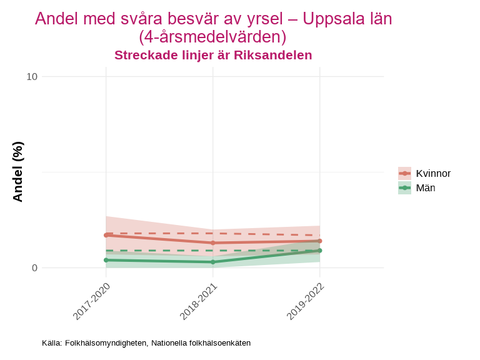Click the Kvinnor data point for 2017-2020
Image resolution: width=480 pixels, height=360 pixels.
[x=106, y=235]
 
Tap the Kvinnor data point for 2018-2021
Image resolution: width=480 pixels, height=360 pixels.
[x=213, y=242]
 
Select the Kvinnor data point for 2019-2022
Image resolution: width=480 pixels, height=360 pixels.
[x=319, y=241]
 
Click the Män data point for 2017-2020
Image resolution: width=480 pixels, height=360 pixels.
[x=106, y=260]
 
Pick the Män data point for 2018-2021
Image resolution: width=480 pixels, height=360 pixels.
[x=213, y=262]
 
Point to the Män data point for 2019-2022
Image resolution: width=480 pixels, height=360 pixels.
[x=319, y=251]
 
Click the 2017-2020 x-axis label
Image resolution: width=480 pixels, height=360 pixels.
[x=92, y=301]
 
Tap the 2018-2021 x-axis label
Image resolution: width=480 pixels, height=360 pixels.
[x=199, y=301]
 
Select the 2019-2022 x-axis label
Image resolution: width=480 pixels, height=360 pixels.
[x=306, y=301]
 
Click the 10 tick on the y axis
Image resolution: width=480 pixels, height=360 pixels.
[x=31, y=77]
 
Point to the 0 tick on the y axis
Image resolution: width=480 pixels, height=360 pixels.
[x=34, y=268]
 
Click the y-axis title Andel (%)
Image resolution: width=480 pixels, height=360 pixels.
[x=18, y=172]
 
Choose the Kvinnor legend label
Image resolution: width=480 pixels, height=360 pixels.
[x=433, y=174]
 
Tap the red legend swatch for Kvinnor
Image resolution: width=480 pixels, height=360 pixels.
[x=405, y=174]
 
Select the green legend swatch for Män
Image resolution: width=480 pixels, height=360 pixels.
[x=405, y=188]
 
